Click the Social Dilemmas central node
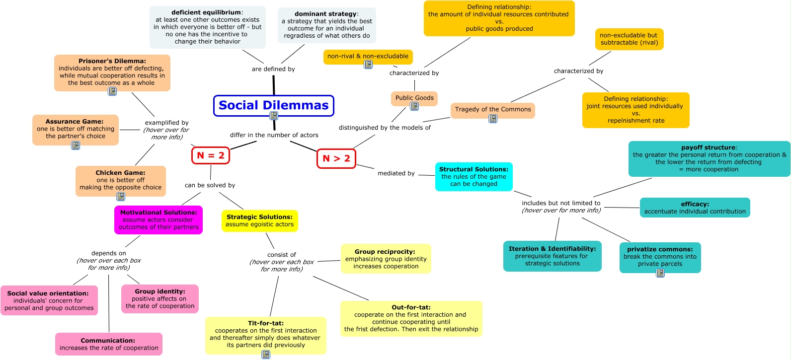point(273,105)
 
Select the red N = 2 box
point(211,155)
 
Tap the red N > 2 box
point(336,158)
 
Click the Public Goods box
point(414,98)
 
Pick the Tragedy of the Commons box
point(492,109)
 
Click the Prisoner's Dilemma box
point(112,72)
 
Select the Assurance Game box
point(75,129)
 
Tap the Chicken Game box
point(120,180)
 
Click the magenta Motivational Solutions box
point(158,220)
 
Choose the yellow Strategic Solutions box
point(259,220)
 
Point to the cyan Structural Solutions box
point(474,176)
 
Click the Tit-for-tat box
point(265,334)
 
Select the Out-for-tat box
point(411,318)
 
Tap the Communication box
point(108,344)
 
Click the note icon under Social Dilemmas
point(274,116)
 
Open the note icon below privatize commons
point(660,273)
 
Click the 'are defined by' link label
point(273,69)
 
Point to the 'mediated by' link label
point(396,173)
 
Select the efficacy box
point(695,208)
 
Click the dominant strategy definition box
point(326,25)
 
